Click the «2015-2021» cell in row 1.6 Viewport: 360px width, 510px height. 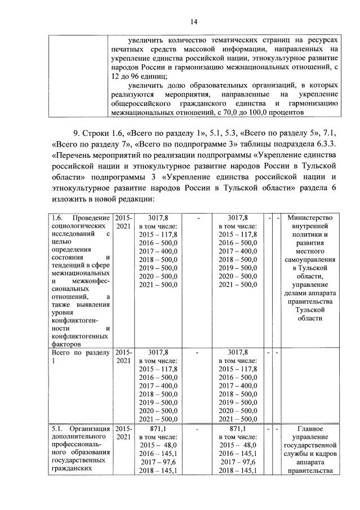click(123, 221)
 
